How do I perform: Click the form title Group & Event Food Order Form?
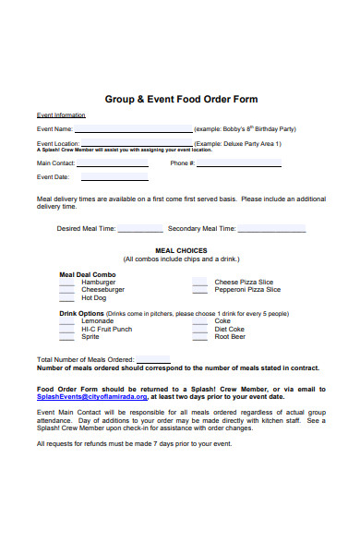tap(181, 99)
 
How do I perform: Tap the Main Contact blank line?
tap(114, 165)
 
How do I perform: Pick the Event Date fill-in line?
tap(110, 179)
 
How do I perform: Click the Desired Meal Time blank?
tap(140, 230)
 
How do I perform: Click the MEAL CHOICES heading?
tap(181, 250)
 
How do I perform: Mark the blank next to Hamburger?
tap(67, 284)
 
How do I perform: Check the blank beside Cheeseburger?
tap(67, 292)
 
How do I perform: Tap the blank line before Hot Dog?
tap(67, 300)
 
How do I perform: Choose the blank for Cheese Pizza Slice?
tap(200, 284)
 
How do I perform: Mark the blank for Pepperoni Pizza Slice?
tap(200, 292)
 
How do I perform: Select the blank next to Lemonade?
tap(67, 323)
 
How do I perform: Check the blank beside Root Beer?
tap(200, 339)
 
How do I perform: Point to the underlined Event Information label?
tap(61, 115)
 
